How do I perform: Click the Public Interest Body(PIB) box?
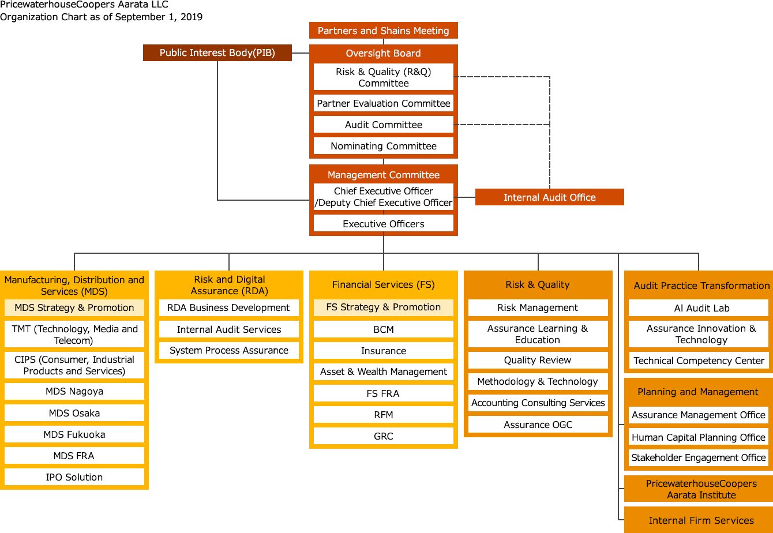tap(217, 52)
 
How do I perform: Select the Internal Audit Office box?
tap(549, 197)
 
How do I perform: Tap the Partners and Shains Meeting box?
tap(383, 31)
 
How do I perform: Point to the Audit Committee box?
tap(383, 125)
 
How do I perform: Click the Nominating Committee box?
tap(383, 146)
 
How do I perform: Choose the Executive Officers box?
tap(383, 224)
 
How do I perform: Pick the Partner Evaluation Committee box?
tap(383, 103)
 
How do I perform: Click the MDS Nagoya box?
tap(74, 391)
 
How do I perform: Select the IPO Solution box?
tap(74, 477)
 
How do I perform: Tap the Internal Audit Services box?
tap(228, 329)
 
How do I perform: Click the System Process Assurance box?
tap(228, 350)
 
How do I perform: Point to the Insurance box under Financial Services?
tap(383, 351)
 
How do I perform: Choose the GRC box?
tap(383, 436)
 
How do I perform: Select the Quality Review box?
tap(538, 360)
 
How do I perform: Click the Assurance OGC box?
tap(538, 425)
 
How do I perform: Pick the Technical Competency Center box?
tap(699, 361)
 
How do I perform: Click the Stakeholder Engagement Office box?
tap(699, 457)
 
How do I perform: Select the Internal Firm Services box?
tap(701, 520)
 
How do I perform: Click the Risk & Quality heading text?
tap(538, 284)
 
